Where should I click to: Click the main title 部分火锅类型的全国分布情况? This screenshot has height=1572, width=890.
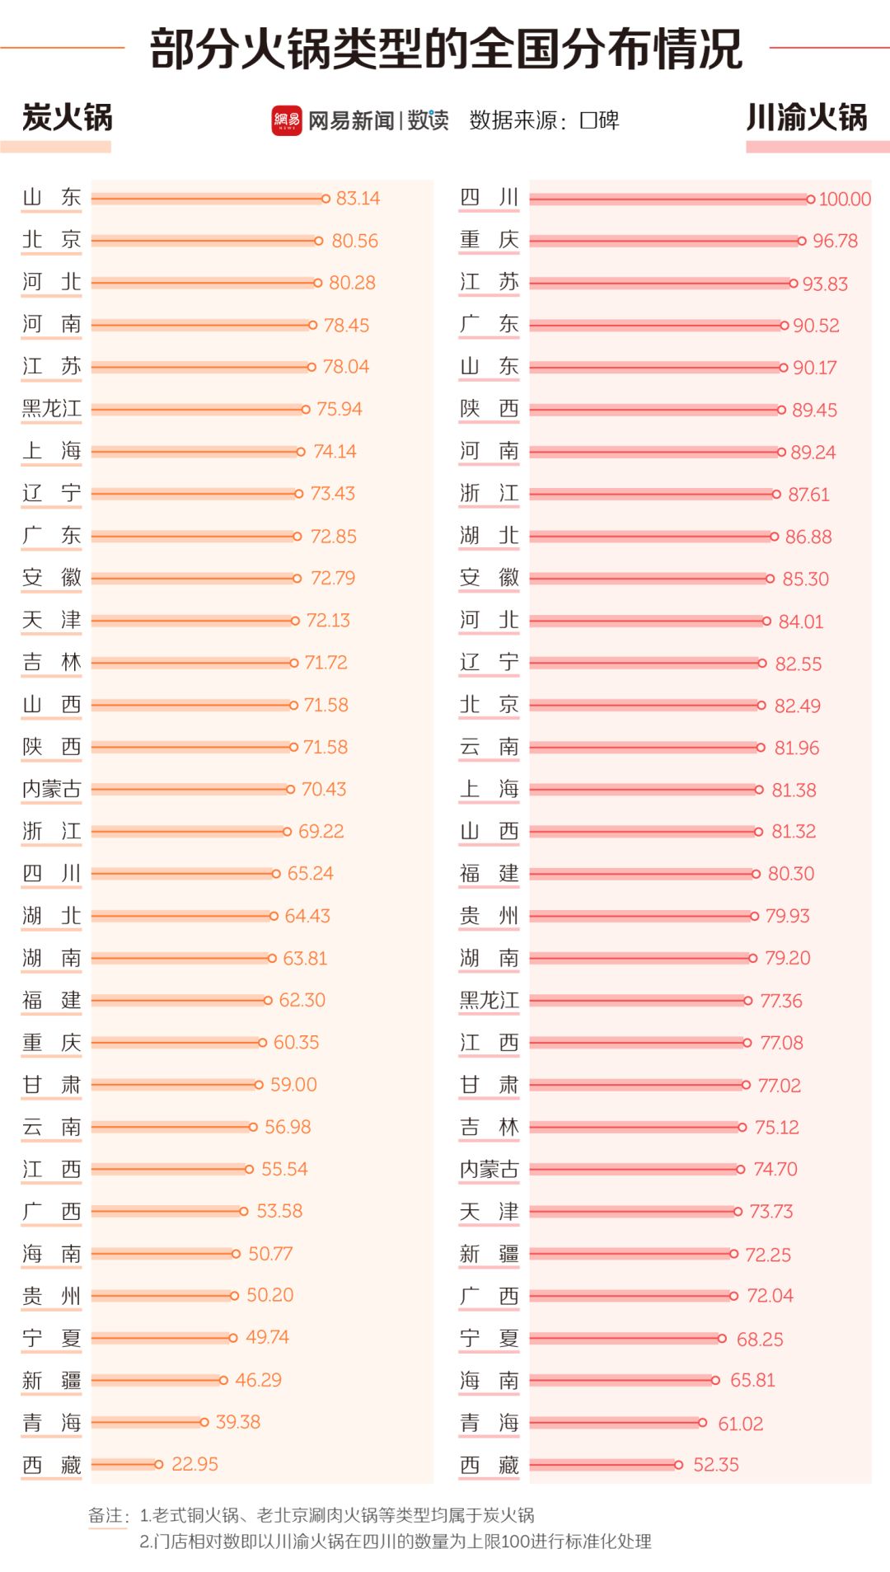pyautogui.click(x=446, y=49)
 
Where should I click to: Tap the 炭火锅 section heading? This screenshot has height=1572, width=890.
pyautogui.click(x=67, y=118)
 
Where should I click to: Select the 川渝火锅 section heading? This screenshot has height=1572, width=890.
pyautogui.click(x=807, y=118)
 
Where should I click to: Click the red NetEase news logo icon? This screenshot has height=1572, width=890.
pyautogui.click(x=287, y=120)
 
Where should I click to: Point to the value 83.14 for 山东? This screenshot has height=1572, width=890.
pyautogui.click(x=358, y=199)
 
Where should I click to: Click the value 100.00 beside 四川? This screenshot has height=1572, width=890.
pyautogui.click(x=845, y=199)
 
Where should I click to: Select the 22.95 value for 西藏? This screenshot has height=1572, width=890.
pyautogui.click(x=194, y=1464)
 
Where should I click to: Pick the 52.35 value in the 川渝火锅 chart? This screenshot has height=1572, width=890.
pyautogui.click(x=715, y=1465)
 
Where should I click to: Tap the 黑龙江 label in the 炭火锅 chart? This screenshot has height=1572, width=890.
pyautogui.click(x=52, y=409)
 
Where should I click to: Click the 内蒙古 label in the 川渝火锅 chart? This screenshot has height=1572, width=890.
pyautogui.click(x=489, y=1169)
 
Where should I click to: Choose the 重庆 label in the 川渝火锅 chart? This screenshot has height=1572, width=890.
pyautogui.click(x=489, y=240)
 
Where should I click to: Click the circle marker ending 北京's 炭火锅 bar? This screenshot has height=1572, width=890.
pyautogui.click(x=318, y=241)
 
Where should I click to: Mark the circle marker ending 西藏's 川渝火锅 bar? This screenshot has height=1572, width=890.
pyautogui.click(x=678, y=1465)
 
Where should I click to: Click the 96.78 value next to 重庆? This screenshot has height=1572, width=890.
pyautogui.click(x=835, y=242)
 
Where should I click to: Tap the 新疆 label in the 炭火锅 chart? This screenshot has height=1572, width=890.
pyautogui.click(x=52, y=1380)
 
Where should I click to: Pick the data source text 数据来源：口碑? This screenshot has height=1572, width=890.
pyautogui.click(x=544, y=120)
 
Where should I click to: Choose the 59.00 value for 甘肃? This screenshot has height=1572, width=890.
pyautogui.click(x=293, y=1085)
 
